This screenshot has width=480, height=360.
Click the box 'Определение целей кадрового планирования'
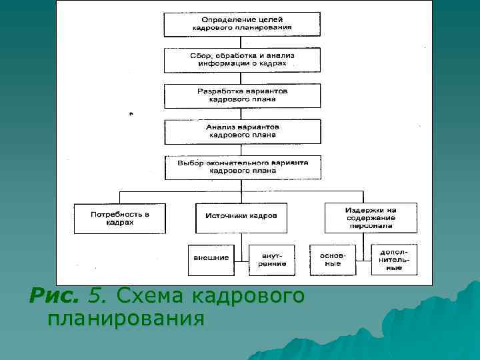[242, 25]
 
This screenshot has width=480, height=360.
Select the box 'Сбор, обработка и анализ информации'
[242, 60]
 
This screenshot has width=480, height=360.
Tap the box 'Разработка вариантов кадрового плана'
[242, 95]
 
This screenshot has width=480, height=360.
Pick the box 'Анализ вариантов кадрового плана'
[242, 131]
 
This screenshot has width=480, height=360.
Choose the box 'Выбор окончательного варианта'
[242, 167]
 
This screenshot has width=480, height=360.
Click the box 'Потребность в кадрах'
[119, 218]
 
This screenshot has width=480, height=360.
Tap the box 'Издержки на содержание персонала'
[371, 218]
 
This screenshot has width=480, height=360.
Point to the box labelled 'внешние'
[211, 259]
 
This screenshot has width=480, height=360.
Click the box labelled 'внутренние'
[267, 259]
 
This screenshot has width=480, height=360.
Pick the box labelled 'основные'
[331, 259]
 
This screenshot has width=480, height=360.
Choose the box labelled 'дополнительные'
[395, 259]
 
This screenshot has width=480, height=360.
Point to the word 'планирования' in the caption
[126, 319]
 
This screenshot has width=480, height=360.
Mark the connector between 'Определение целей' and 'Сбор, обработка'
[242, 42]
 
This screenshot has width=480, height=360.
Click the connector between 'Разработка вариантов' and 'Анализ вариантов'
[242, 113]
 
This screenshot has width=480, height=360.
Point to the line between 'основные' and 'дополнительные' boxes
[362, 259]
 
